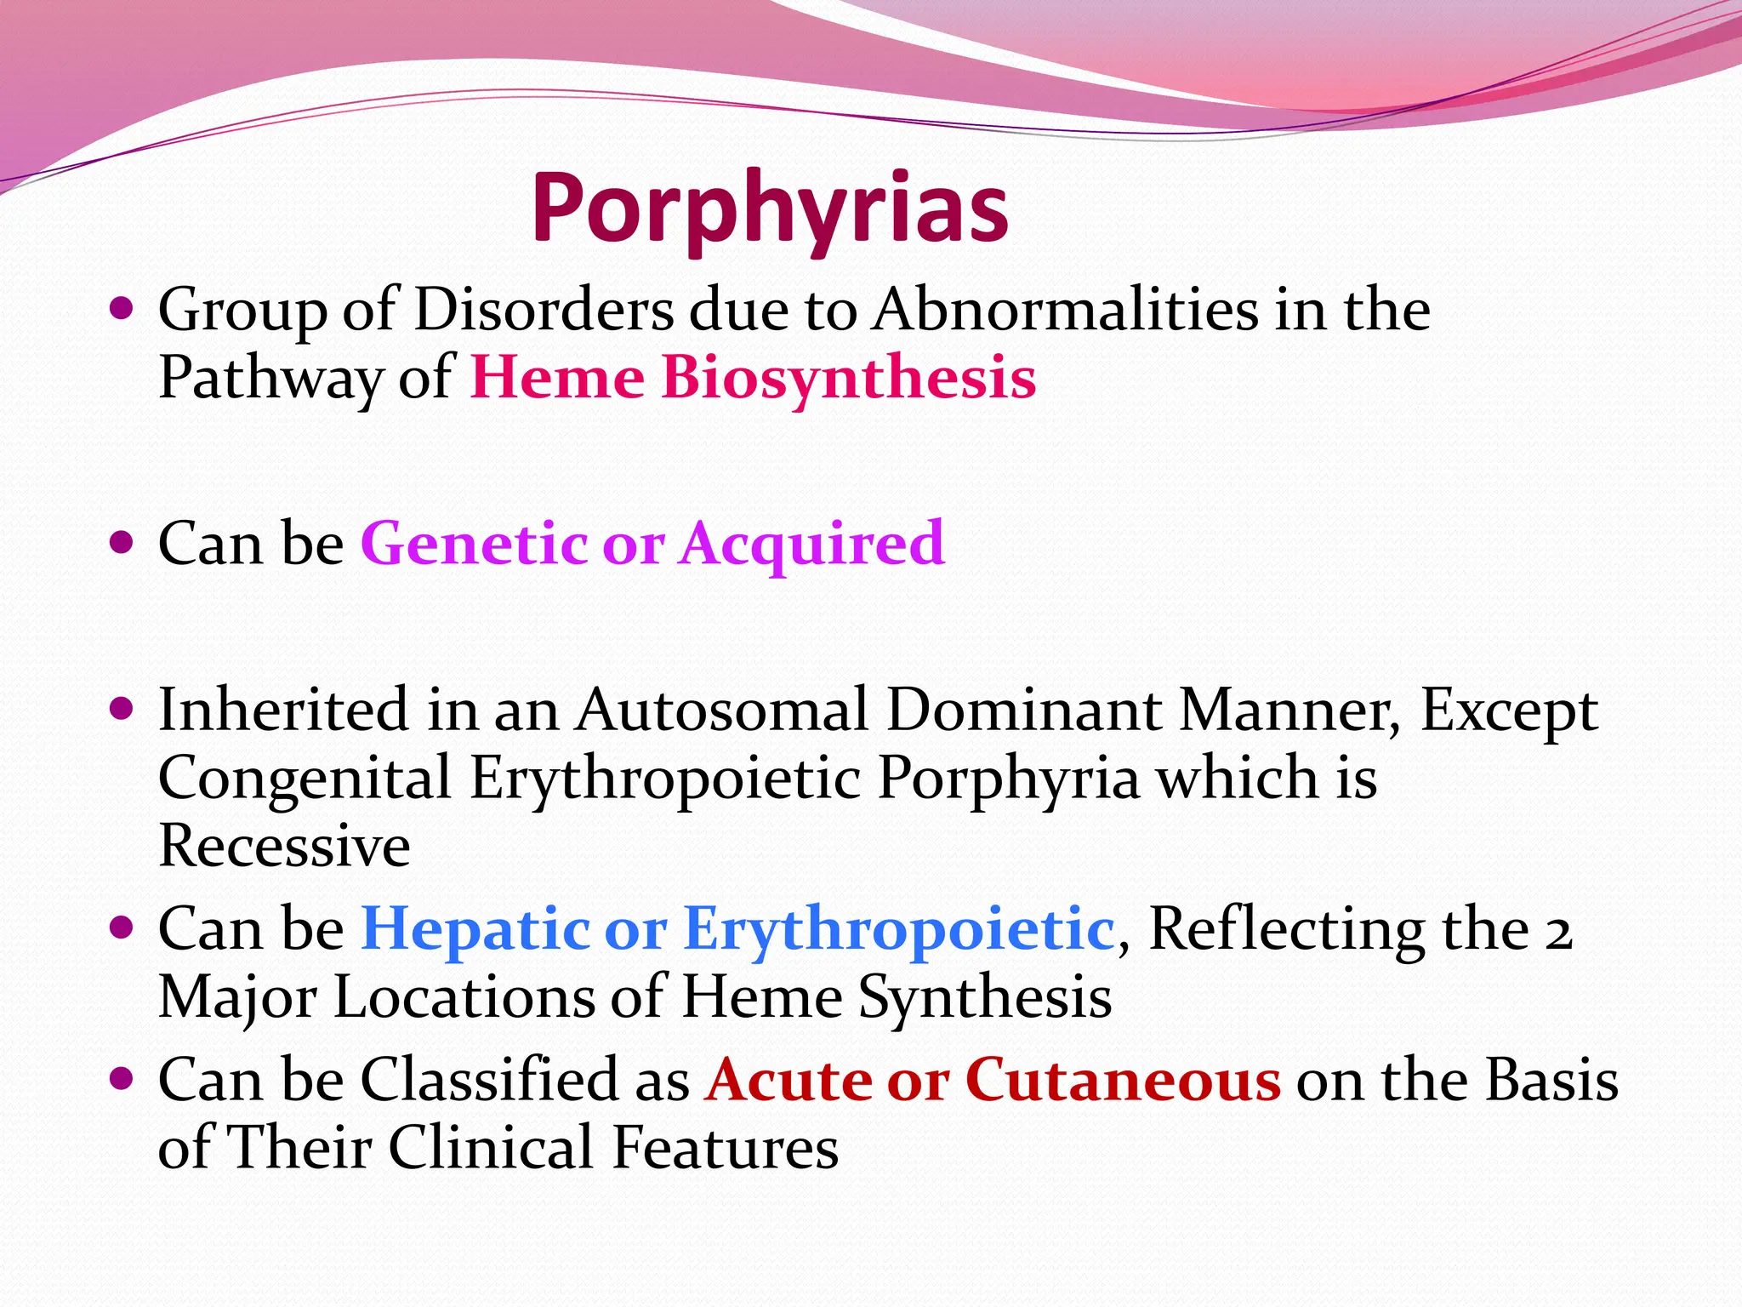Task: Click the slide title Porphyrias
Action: [770, 209]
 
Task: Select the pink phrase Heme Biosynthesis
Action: [753, 377]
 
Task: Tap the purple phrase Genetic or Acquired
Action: [652, 543]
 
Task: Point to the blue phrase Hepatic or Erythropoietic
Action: [737, 927]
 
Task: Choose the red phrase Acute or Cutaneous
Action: [992, 1080]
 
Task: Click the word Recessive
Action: [284, 846]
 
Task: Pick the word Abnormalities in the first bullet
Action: [1066, 309]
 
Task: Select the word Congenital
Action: [305, 779]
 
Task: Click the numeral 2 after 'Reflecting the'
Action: [1558, 929]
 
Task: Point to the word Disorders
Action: [544, 309]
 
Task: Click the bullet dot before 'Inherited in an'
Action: [122, 707]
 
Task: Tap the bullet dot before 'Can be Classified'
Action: [122, 1079]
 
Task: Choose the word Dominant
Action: [1023, 709]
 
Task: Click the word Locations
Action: [464, 996]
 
